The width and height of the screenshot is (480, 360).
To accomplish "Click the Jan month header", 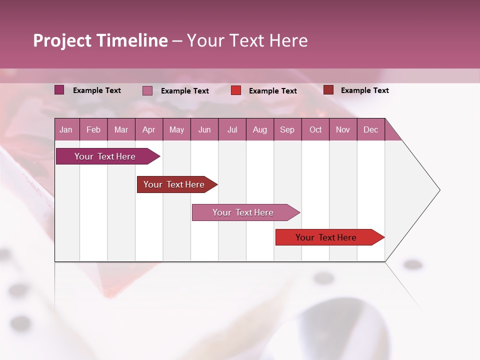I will coord(66,129).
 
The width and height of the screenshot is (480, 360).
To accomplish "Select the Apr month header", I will coord(149,129).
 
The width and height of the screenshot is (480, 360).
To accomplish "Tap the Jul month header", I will coord(232,129).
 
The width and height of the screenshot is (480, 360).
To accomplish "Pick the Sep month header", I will coord(287,129).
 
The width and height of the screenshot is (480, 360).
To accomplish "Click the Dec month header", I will coord(370,129).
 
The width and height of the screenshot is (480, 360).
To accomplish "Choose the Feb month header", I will coord(93,129).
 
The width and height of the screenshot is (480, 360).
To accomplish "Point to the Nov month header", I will coord(343,129).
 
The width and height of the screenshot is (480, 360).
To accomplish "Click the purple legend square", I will coord(59,90).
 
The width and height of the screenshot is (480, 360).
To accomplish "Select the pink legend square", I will coord(147,90).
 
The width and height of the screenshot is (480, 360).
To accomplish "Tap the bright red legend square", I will coord(236,90).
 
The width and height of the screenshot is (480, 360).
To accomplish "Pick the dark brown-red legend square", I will coord(328,90).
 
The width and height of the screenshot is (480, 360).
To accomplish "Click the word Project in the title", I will coord(62,40).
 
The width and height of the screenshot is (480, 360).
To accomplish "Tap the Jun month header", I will coord(204,129).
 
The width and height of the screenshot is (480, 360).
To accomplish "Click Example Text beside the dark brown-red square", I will coord(364,90).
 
